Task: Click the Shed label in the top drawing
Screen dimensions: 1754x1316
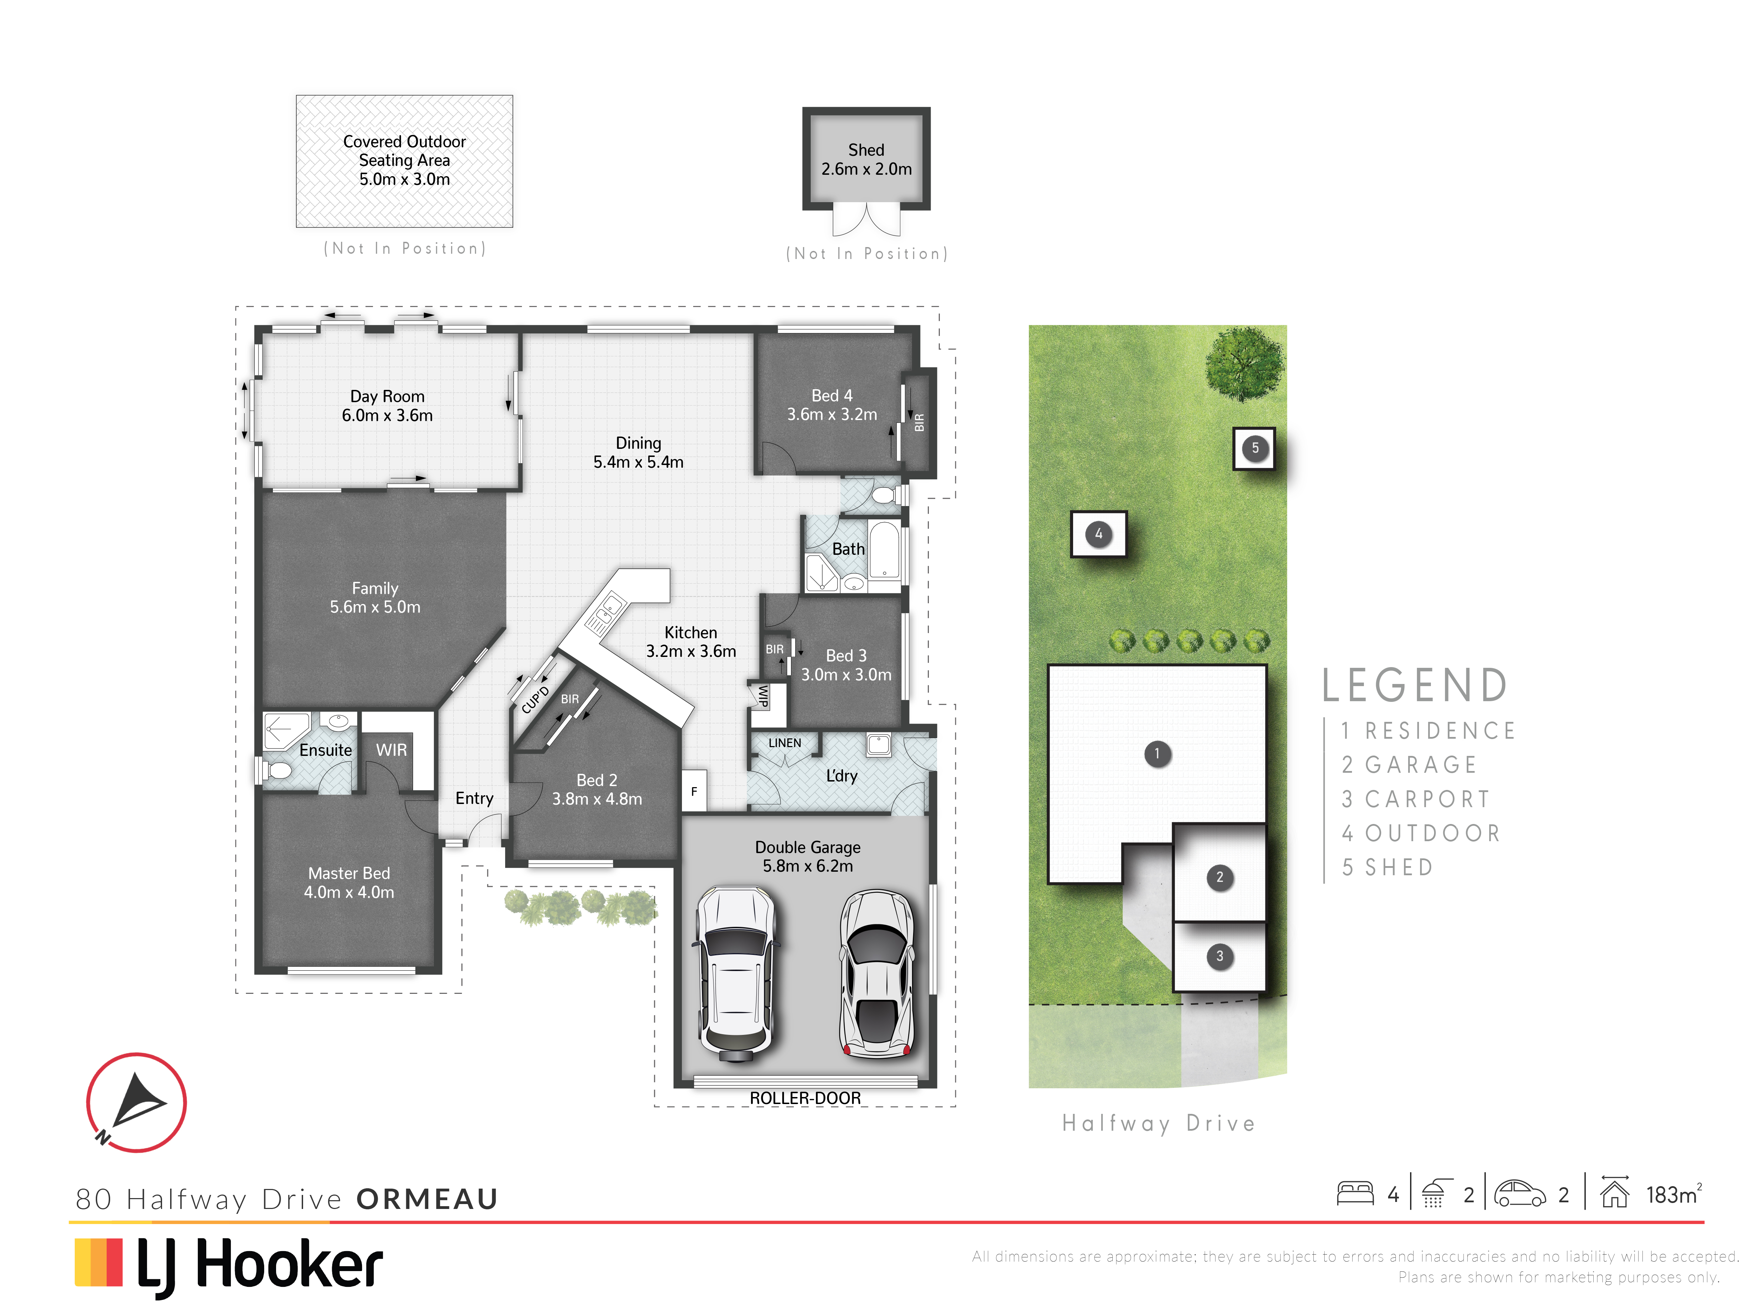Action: coord(866,150)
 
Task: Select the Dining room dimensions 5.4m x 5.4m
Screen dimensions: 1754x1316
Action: coord(638,462)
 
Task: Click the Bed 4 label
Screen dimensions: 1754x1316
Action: coord(832,395)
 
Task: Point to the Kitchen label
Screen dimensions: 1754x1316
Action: coord(691,632)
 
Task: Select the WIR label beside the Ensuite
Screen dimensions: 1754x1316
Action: coord(391,750)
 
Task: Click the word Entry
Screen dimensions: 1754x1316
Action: coord(474,798)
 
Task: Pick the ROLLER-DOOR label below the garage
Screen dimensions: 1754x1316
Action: coord(805,1098)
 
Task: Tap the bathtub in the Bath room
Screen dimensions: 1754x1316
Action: coord(884,549)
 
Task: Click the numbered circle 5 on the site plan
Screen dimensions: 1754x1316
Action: coord(1254,448)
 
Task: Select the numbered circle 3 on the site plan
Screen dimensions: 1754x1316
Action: coord(1219,956)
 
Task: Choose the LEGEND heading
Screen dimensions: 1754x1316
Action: coord(1415,685)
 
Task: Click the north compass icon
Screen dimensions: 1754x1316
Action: coord(136,1102)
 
